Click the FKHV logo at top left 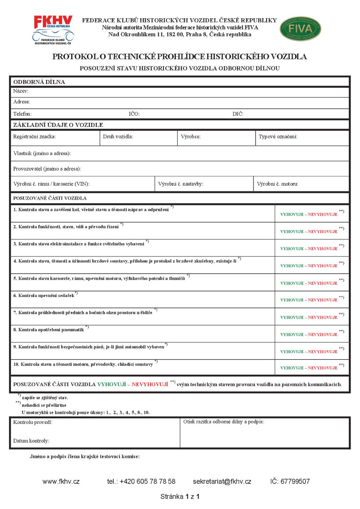(x=53, y=29)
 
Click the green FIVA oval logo (x=300, y=29)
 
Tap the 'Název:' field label (x=21, y=91)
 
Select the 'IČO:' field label (x=134, y=114)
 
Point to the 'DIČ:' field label (x=238, y=114)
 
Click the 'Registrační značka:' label (x=35, y=137)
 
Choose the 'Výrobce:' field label (x=191, y=137)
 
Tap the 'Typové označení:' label (x=278, y=137)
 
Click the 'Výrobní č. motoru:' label (x=278, y=184)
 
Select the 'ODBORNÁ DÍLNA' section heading (x=39, y=82)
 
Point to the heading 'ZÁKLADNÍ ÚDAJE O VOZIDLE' (x=58, y=125)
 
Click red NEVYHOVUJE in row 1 (x=323, y=214)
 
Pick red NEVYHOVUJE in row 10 (x=323, y=368)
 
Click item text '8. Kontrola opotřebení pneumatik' (x=49, y=329)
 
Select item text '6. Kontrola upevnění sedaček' (x=44, y=295)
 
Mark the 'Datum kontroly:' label (x=31, y=441)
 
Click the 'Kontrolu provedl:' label (x=33, y=422)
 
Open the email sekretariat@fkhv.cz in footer (x=222, y=482)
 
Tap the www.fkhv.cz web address (x=61, y=482)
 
